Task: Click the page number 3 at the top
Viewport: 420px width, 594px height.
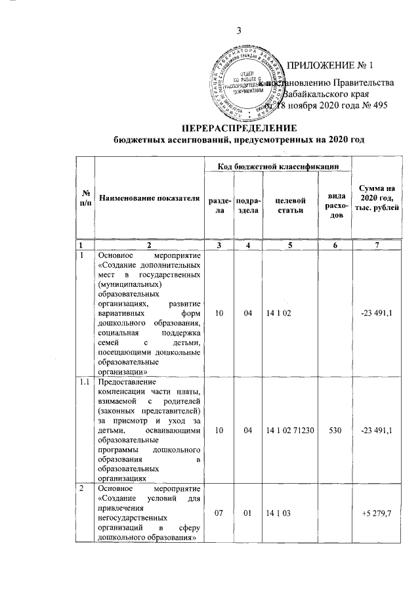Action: tap(240, 29)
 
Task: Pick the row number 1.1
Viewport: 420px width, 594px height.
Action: tap(85, 382)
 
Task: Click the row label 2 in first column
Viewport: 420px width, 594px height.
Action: tap(81, 490)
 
